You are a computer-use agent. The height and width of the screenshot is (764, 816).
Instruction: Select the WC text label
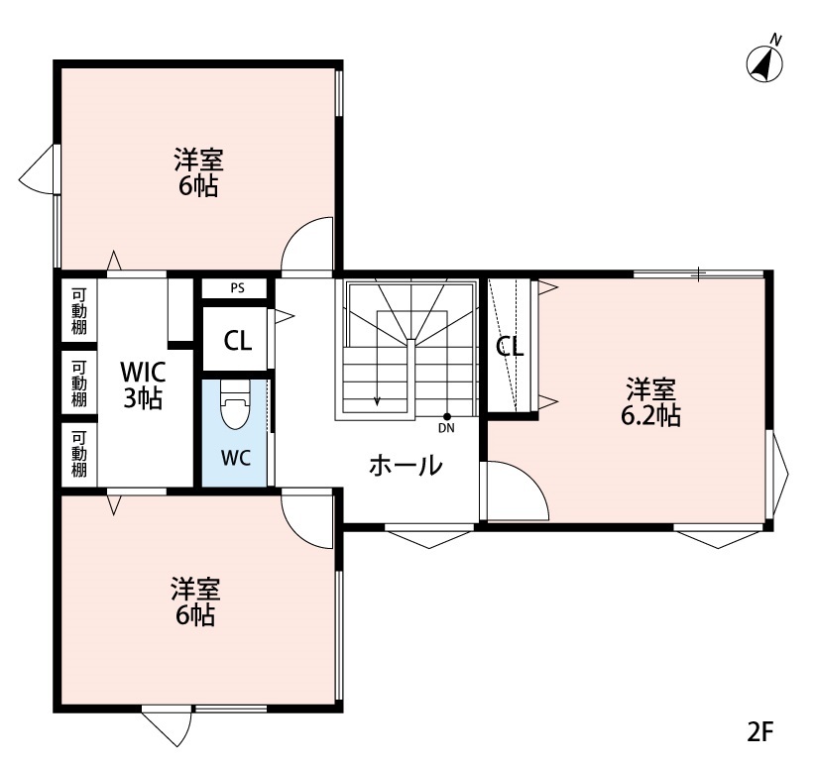[235, 460]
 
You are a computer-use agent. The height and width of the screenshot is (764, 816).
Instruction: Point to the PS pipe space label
[236, 288]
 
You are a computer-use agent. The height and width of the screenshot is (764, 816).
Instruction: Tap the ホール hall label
[406, 465]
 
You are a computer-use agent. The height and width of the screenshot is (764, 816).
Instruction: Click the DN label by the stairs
[446, 428]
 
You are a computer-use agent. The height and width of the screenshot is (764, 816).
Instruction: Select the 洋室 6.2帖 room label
[650, 400]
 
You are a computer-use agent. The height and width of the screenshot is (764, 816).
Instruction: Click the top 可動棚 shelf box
[78, 310]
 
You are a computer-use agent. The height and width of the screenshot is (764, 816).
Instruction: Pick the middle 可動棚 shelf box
[78, 382]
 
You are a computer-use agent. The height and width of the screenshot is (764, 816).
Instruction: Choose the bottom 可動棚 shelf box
[78, 454]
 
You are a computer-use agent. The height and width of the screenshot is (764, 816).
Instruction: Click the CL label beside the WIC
[237, 341]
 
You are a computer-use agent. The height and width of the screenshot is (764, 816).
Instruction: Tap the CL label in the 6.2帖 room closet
[510, 347]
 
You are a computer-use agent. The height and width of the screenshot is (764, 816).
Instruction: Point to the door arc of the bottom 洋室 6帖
[307, 518]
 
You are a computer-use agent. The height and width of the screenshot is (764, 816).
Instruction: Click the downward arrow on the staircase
[377, 400]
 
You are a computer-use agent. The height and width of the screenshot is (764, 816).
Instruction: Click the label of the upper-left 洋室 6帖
[198, 171]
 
